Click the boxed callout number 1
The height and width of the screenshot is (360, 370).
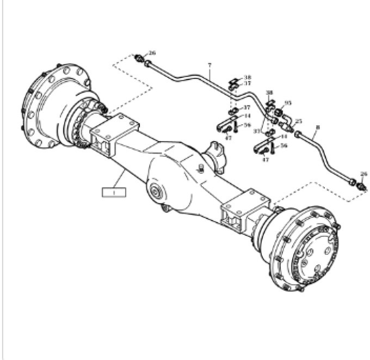click(114, 192)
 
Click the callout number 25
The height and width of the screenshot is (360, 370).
click(298, 121)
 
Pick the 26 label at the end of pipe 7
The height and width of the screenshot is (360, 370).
click(152, 53)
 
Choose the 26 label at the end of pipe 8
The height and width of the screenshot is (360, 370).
click(364, 174)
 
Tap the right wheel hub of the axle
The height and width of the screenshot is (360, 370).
click(305, 248)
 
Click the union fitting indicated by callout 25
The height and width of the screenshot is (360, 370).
click(287, 126)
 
